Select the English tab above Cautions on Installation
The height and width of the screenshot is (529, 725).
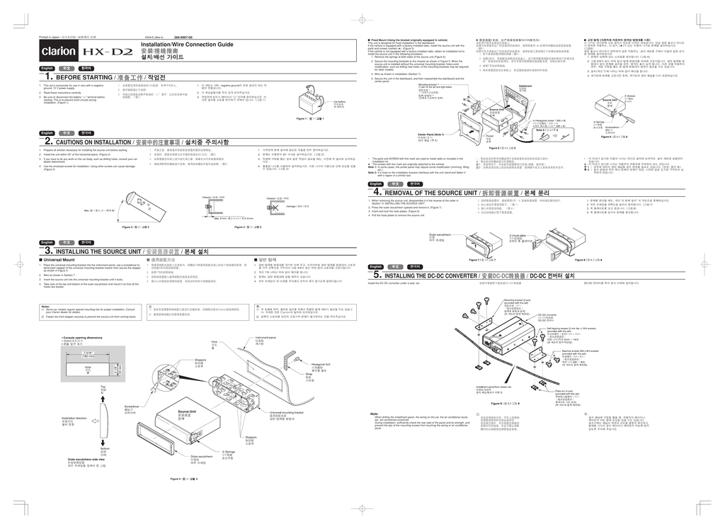click(x=47, y=134)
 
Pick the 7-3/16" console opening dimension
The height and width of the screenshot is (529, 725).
click(x=89, y=352)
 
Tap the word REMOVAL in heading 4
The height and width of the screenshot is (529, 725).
click(x=415, y=193)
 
